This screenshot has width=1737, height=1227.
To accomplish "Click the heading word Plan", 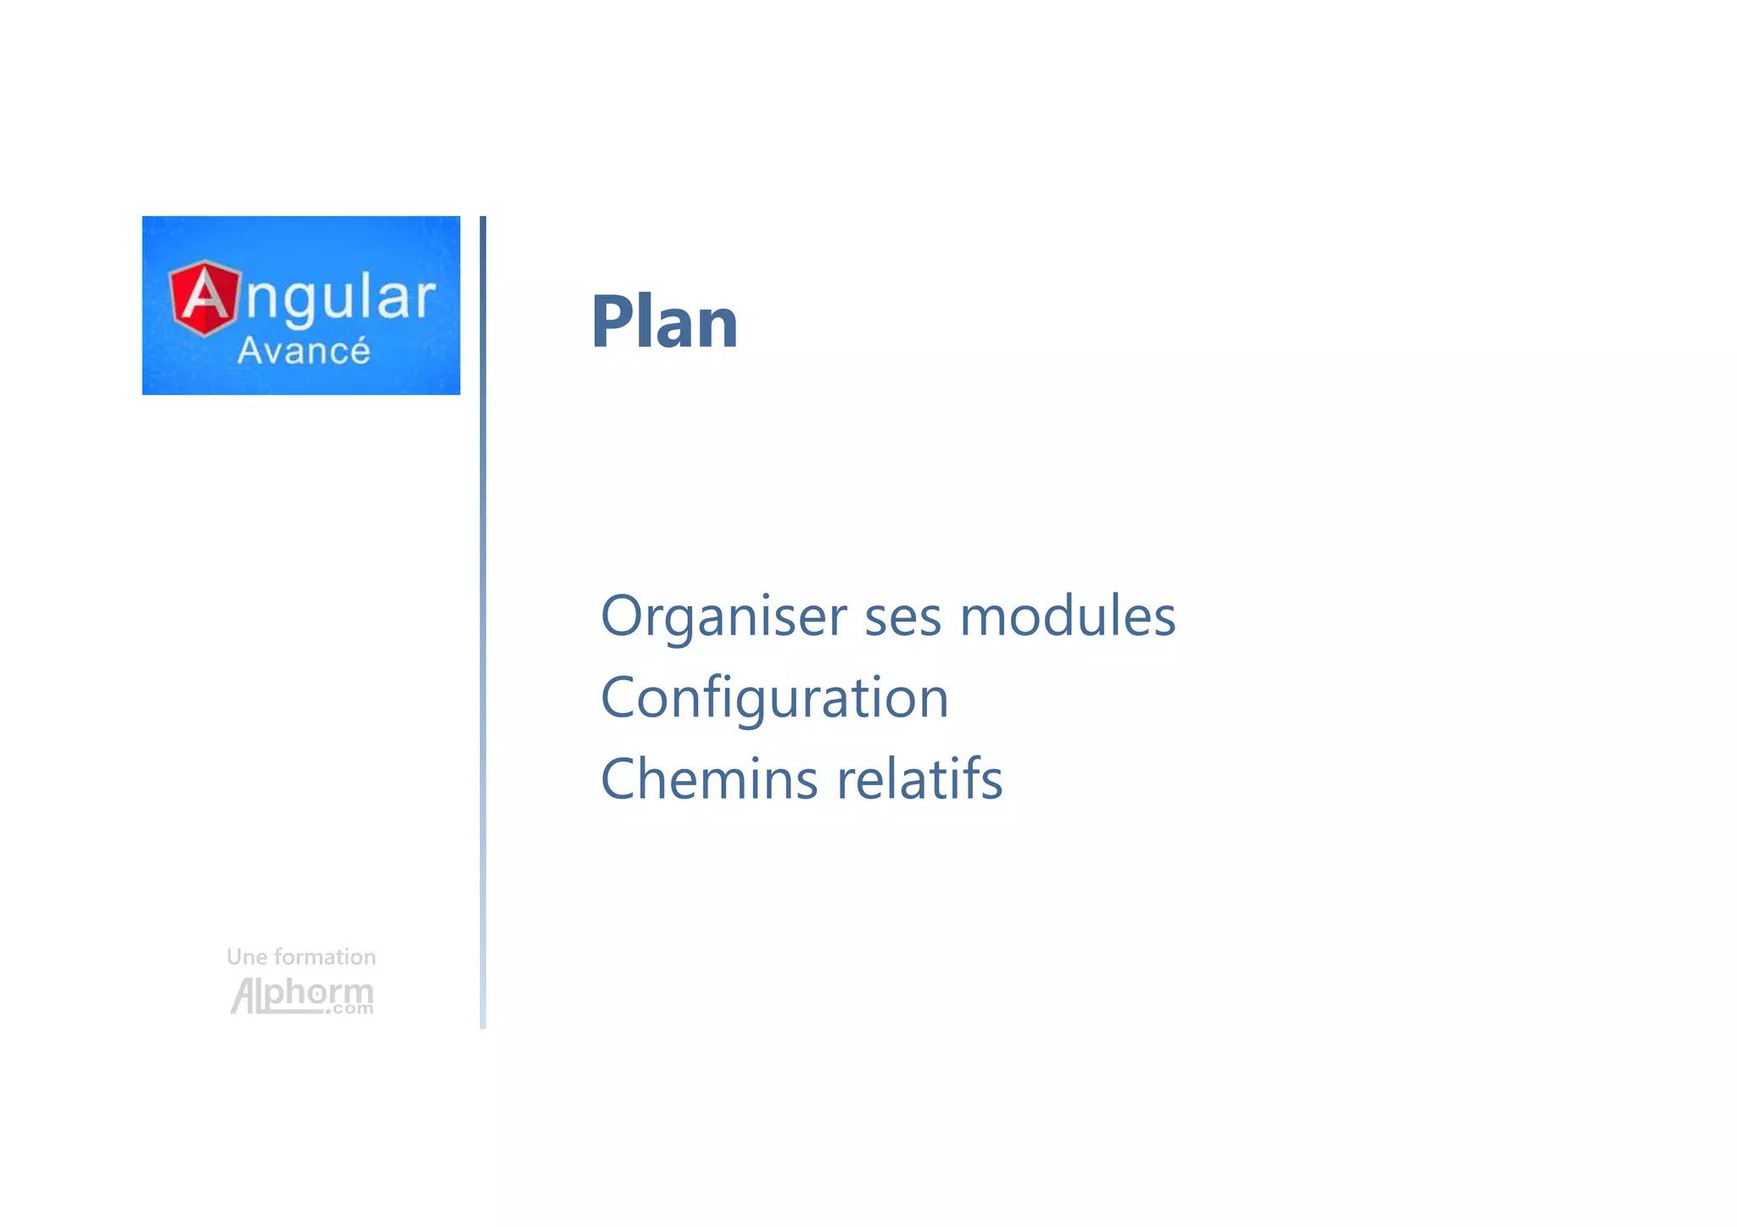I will (x=664, y=321).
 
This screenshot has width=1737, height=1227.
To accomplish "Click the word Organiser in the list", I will (x=723, y=616).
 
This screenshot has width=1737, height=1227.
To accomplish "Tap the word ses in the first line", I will (x=902, y=616).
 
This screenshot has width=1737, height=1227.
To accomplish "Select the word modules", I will (x=1067, y=616).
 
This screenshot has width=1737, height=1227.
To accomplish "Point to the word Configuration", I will (x=774, y=698).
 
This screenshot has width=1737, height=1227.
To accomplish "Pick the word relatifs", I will (x=919, y=779).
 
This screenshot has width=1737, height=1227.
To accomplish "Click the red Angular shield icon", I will (x=204, y=298).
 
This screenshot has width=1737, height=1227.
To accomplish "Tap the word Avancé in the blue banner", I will (x=303, y=351).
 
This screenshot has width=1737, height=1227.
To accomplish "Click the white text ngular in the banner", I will (x=341, y=299).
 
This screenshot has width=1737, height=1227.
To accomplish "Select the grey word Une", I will (x=247, y=957).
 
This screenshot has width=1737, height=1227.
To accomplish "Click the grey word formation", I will (x=325, y=957).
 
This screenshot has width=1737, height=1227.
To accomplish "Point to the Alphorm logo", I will (x=301, y=995).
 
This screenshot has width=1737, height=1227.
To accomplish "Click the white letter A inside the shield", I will (x=204, y=298).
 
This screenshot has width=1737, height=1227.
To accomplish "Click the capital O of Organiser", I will (x=623, y=616).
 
